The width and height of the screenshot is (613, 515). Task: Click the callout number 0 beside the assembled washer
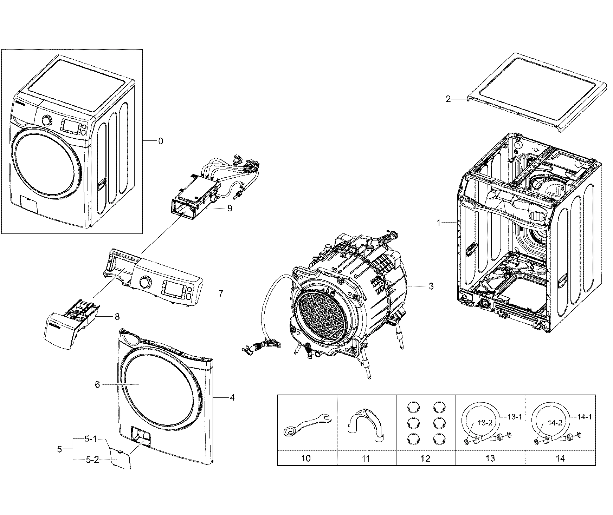160,141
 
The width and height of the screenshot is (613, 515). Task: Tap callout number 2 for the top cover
448,99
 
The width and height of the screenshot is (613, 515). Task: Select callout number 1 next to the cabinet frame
438,223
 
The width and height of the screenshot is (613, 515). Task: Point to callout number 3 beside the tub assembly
431,286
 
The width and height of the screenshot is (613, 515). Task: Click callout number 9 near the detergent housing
230,208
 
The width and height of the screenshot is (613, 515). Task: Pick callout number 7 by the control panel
221,293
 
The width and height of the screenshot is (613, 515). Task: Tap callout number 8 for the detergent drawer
117,317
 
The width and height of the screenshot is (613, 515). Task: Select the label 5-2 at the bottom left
92,460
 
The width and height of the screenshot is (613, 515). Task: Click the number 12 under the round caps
425,458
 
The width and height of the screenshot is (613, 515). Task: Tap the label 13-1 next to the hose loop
514,417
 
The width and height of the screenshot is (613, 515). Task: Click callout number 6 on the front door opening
97,384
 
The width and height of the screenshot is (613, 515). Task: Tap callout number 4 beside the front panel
232,397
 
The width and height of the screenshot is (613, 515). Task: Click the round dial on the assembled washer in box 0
46,120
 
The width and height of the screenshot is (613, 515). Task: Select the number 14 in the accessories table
560,458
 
